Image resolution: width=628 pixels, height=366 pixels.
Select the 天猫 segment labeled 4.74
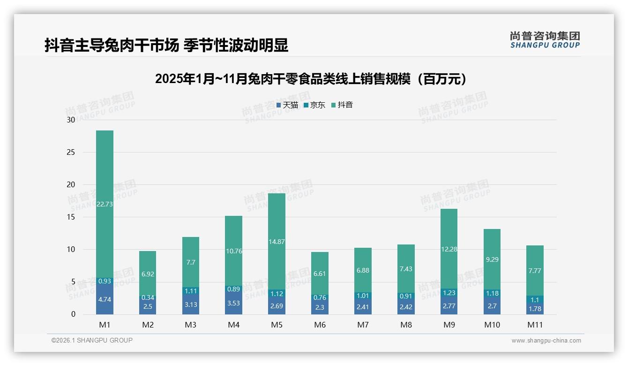point(105,299)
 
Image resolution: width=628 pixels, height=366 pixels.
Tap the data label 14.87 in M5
point(277,242)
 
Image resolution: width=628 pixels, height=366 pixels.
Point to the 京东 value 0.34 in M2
point(148,297)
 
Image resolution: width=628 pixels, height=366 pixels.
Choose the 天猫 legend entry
point(287,105)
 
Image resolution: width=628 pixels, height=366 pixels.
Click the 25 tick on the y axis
point(71,152)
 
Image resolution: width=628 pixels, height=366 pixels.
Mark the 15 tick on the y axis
point(71,217)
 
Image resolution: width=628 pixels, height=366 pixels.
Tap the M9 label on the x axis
point(449,325)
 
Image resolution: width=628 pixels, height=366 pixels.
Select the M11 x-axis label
point(535,325)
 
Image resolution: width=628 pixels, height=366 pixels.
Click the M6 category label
point(320,325)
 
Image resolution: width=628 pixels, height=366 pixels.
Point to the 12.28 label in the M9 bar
point(449,249)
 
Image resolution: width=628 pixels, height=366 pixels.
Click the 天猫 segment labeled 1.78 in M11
point(535,309)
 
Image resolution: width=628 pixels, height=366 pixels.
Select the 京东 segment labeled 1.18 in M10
point(492,294)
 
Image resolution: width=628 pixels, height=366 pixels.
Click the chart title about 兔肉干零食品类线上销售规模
point(311,79)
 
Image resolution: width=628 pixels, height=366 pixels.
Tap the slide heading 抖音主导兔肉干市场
point(166,45)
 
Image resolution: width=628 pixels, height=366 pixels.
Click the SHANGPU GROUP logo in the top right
point(545,40)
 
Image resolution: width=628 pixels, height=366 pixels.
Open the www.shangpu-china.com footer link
point(546,341)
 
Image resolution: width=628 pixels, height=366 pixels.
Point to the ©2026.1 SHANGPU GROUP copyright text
point(92,340)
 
